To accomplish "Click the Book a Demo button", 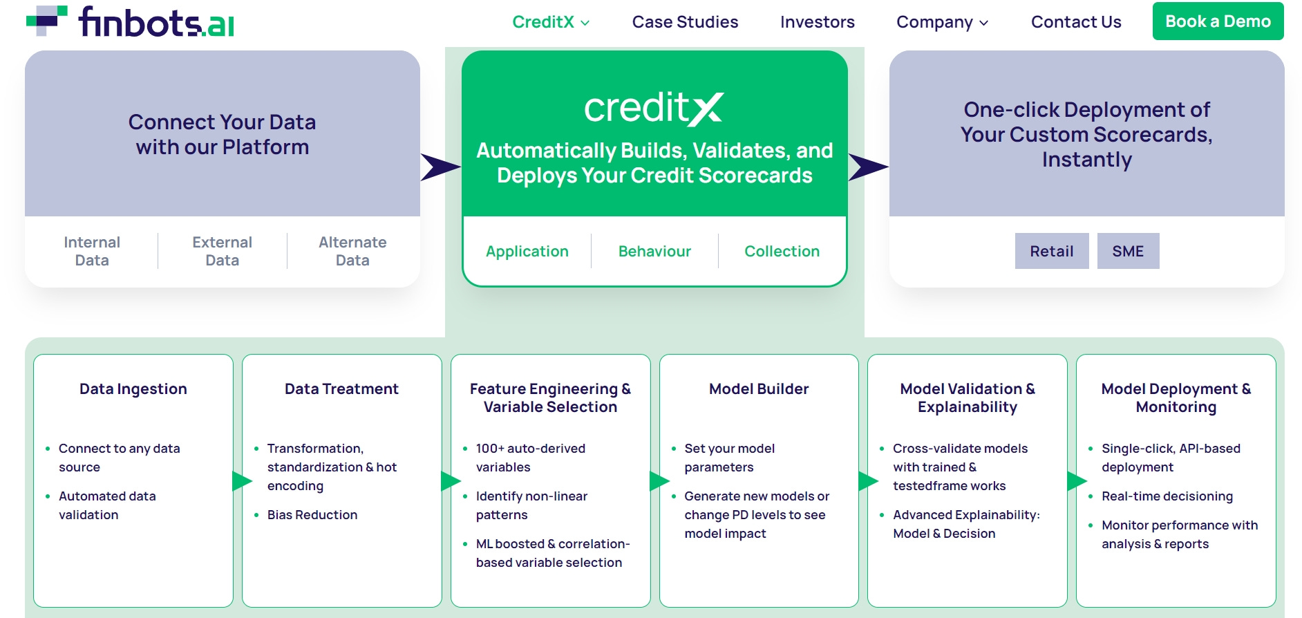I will (1218, 21).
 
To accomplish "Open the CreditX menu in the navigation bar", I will (550, 22).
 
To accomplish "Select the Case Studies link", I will (685, 22).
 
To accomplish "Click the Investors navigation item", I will (817, 22).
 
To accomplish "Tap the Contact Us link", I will (1075, 22).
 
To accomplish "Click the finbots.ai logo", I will (131, 21).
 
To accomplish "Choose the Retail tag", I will (1051, 251).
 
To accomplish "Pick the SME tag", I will (1127, 251).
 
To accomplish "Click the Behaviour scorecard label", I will (654, 251).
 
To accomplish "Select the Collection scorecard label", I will (782, 251).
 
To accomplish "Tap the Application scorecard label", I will (527, 251).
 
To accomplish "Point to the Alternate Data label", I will (352, 251).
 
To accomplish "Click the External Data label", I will (222, 251).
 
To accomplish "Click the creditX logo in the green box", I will (654, 109).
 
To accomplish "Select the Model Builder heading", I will (758, 388).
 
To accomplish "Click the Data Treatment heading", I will (341, 388).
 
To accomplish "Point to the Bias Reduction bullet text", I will (312, 514).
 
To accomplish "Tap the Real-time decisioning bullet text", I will (1167, 496).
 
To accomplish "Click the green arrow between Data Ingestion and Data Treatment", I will (240, 480).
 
